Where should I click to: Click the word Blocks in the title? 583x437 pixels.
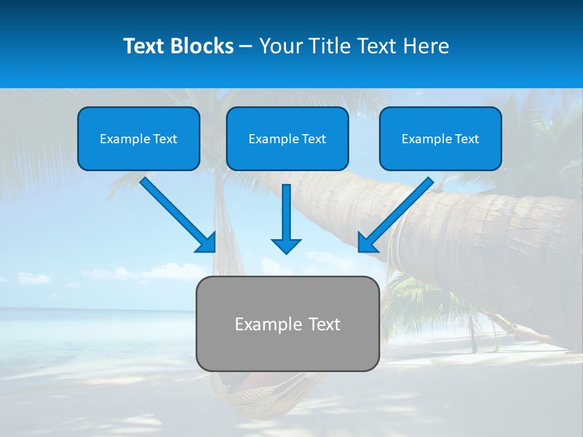tap(203, 46)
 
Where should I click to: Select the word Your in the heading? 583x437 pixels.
tap(279, 46)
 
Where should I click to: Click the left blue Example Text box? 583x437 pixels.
tap(138, 138)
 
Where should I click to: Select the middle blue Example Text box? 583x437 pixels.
tap(287, 138)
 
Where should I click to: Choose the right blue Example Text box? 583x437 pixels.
tap(440, 138)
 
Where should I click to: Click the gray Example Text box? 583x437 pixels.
tap(287, 324)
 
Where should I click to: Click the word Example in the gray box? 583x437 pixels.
tap(265, 324)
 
